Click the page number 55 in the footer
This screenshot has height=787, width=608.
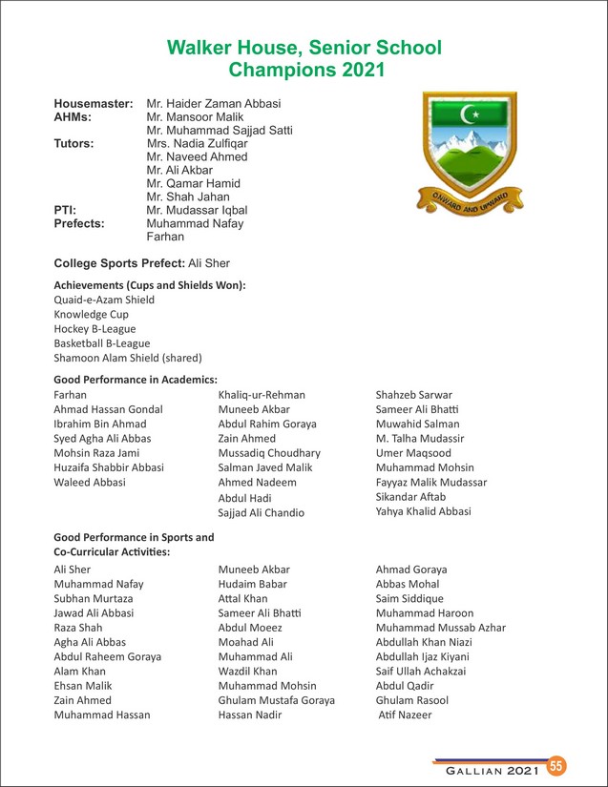click(556, 765)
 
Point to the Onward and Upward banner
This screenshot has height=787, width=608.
click(470, 202)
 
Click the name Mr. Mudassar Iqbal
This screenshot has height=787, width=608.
click(197, 210)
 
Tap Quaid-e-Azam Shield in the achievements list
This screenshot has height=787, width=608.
click(104, 300)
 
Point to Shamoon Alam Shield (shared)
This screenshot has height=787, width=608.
click(128, 359)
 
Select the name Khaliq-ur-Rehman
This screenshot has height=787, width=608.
click(262, 395)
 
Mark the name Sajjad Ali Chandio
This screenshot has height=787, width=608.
click(262, 513)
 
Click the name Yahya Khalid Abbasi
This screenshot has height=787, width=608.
click(423, 512)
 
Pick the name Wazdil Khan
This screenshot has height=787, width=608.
click(247, 672)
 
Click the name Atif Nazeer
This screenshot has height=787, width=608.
click(406, 715)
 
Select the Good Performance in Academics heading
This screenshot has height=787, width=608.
click(136, 379)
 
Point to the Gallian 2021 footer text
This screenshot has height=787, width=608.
click(487, 768)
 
